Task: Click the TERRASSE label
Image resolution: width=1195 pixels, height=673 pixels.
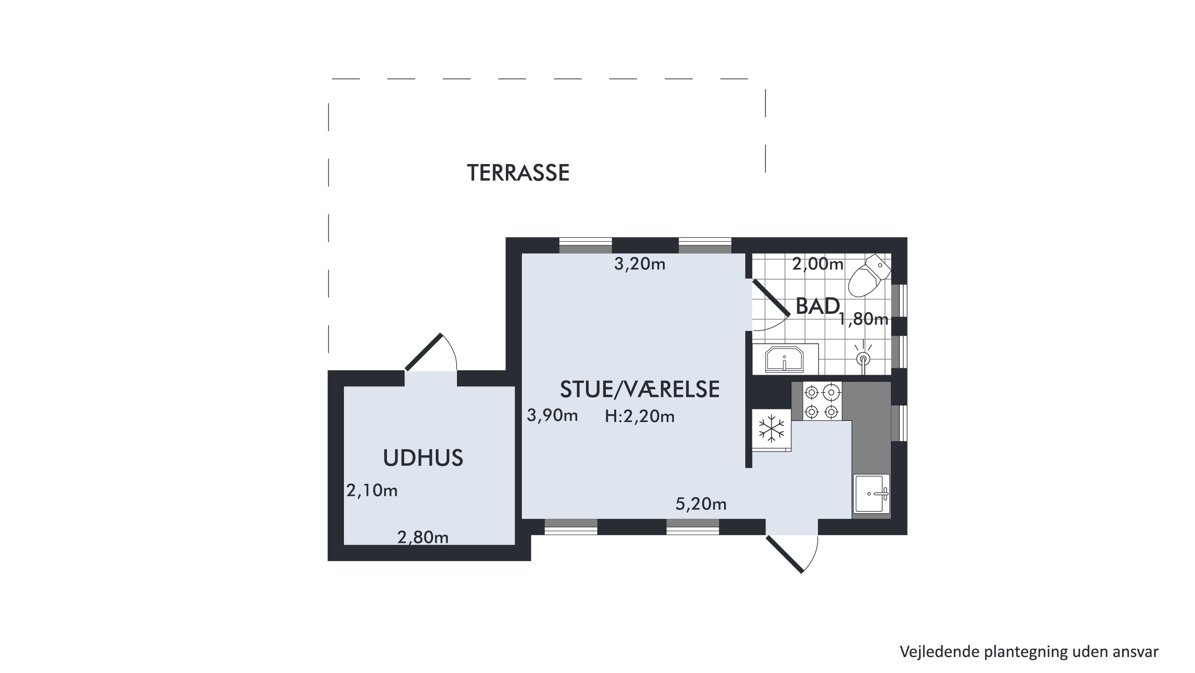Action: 518,173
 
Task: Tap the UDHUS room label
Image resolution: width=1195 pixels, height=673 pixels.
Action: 423,458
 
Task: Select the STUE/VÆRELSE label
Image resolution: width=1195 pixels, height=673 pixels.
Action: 640,389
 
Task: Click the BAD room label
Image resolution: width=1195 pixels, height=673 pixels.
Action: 817,306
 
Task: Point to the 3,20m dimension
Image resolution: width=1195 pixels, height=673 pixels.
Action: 640,264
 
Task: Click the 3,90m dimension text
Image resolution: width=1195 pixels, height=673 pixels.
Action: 552,416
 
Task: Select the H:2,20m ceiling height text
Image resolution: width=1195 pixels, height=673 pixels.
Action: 639,417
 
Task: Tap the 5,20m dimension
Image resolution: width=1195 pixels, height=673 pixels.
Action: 701,504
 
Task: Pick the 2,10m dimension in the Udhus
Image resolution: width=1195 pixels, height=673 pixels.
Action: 372,491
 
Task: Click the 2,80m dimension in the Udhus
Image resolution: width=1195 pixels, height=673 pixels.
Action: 423,538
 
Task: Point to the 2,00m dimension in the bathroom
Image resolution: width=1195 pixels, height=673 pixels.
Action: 817,264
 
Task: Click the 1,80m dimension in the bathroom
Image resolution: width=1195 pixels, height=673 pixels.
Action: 863,319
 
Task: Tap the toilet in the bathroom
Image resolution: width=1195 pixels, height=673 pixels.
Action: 869,275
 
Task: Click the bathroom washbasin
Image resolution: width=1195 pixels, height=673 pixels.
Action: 784,359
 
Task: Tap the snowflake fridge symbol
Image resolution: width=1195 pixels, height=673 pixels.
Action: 771,428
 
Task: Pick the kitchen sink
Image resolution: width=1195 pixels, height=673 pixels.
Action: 871,493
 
